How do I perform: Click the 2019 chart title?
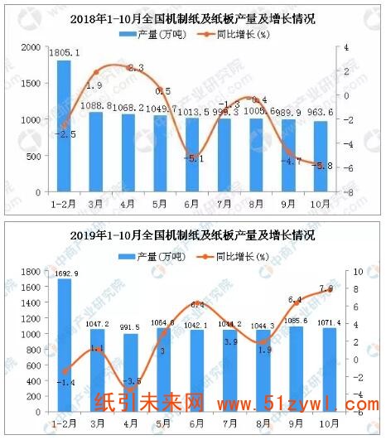(x=193, y=235)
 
